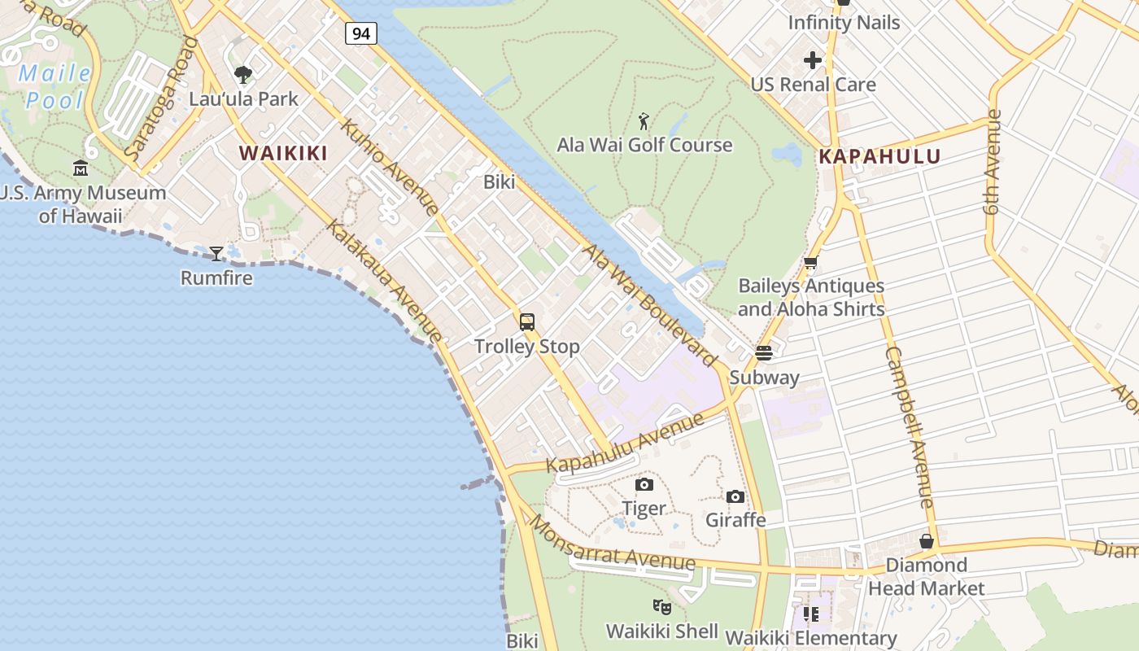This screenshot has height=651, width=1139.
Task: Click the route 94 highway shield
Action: [x=360, y=33]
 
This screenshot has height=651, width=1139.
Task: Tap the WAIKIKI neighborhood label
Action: [x=283, y=153]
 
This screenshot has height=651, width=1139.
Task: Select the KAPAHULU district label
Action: [x=879, y=156]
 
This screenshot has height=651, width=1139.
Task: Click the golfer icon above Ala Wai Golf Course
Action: [x=644, y=122]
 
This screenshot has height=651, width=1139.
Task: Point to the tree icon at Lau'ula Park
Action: [x=242, y=76]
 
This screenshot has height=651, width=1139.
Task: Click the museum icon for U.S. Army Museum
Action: [x=81, y=168]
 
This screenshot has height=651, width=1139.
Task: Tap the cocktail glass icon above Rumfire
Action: [x=216, y=254]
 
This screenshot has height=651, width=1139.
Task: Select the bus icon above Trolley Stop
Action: [x=527, y=322]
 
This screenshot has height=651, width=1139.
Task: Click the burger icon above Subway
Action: [x=763, y=353]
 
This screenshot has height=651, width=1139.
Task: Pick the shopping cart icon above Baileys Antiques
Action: [x=810, y=262]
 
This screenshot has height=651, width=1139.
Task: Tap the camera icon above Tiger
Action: [x=644, y=485]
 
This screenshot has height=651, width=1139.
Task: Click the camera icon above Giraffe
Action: [x=735, y=496]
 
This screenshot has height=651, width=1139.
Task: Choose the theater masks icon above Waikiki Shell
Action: [x=662, y=606]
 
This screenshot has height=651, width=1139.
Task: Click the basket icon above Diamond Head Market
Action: [x=926, y=541]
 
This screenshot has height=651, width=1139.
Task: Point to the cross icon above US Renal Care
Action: [x=812, y=60]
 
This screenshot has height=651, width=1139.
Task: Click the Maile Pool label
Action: [x=55, y=87]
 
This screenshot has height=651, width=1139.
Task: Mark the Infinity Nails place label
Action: [x=844, y=22]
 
